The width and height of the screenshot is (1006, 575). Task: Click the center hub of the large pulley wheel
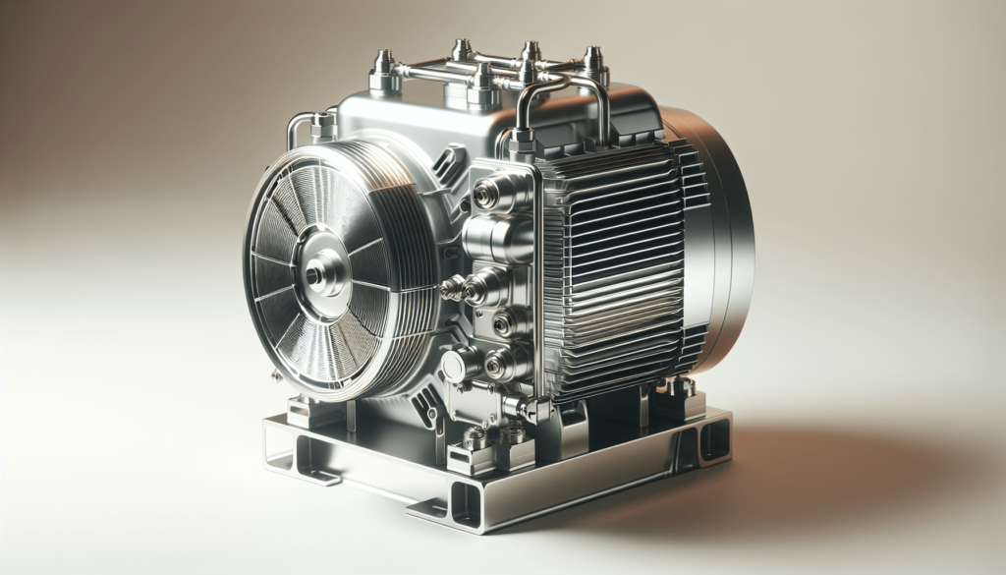click(316, 272)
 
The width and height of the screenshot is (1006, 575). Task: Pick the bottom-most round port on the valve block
click(497, 366)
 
